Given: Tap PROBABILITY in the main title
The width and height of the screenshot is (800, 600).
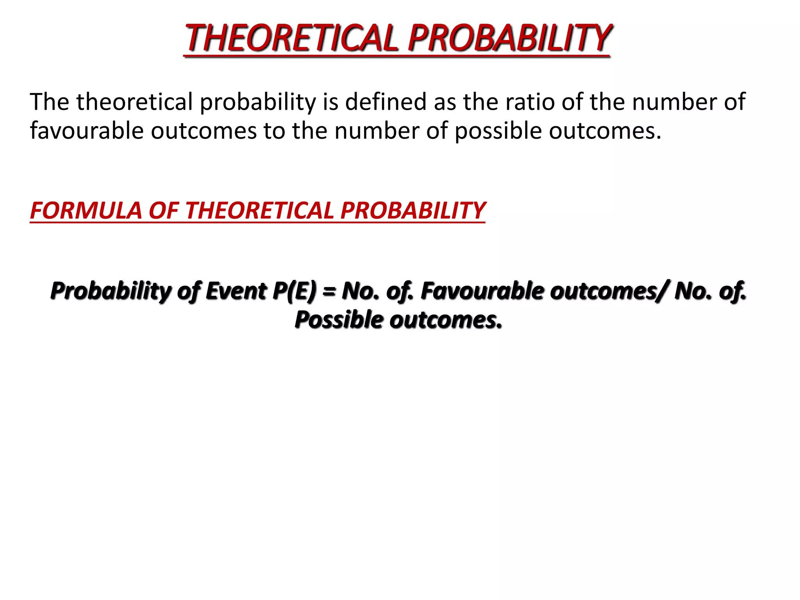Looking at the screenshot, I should (x=509, y=38).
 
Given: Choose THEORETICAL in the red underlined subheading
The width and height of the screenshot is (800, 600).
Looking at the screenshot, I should (x=259, y=211).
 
